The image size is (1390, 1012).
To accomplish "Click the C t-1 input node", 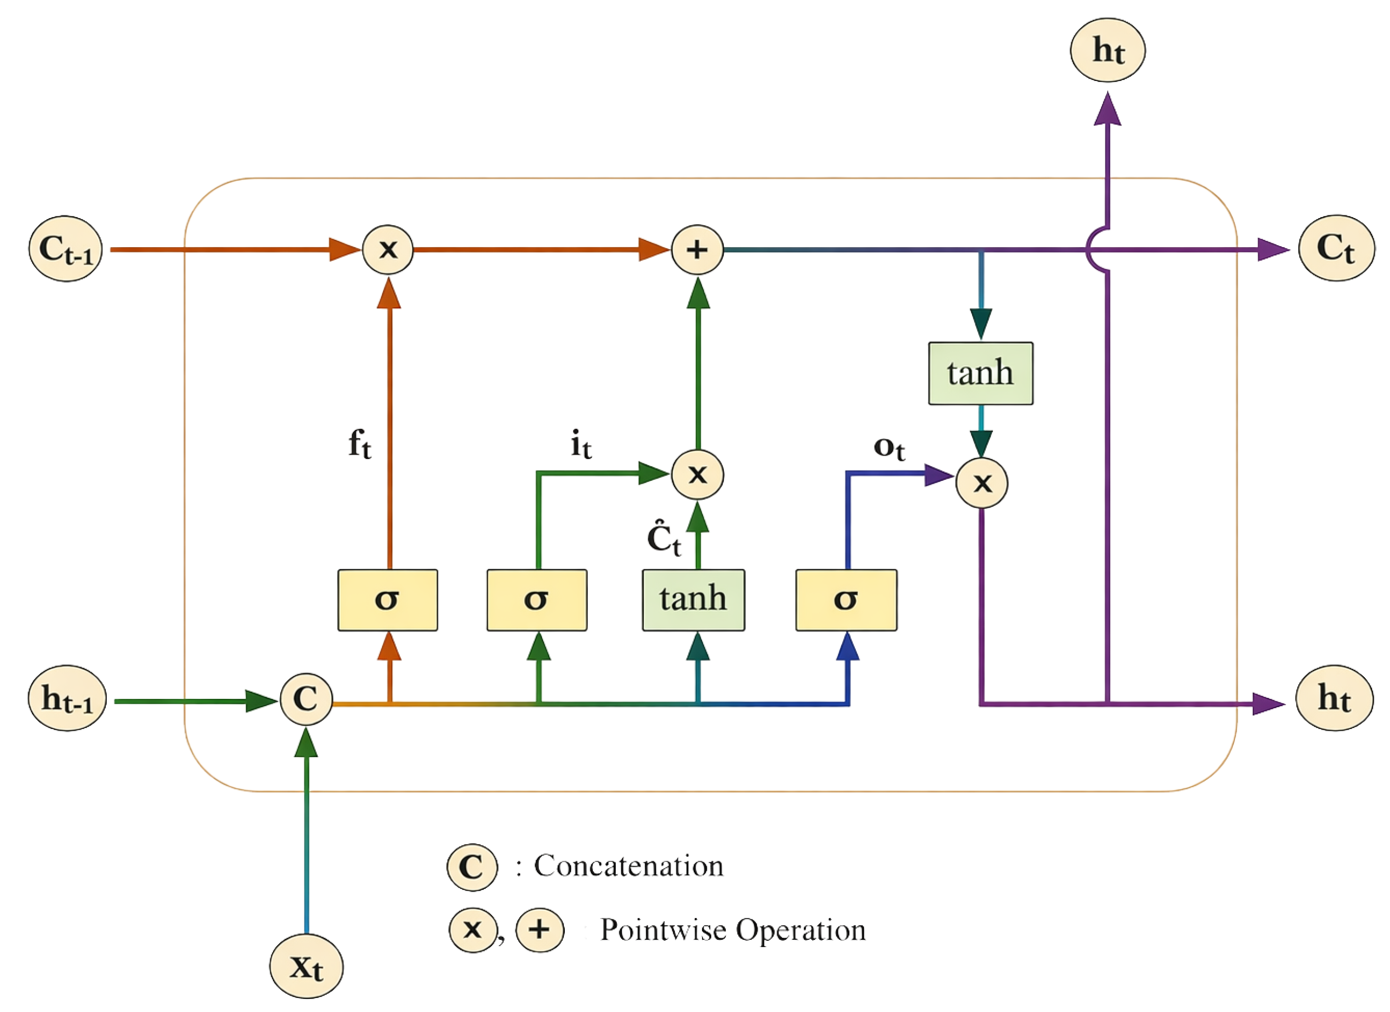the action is point(65,249).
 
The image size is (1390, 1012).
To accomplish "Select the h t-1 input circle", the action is point(67,698).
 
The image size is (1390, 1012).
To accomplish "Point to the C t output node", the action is point(1337,248).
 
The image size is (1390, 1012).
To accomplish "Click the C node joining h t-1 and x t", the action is point(306,699).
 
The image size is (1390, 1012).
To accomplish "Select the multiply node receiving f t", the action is point(388,249).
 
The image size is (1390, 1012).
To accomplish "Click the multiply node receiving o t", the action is point(982,483).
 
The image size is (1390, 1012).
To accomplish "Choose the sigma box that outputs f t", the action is point(388,600).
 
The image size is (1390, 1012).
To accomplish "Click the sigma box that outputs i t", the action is point(537,600).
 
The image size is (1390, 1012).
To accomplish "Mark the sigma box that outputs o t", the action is point(847,600).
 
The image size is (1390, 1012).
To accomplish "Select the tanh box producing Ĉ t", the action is point(694,600).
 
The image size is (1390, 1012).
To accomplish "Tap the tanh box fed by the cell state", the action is point(981,373).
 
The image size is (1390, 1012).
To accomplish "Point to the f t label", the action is point(360,443).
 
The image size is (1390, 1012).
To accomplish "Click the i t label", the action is point(581,445).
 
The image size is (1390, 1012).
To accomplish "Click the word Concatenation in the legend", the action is point(629,866).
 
